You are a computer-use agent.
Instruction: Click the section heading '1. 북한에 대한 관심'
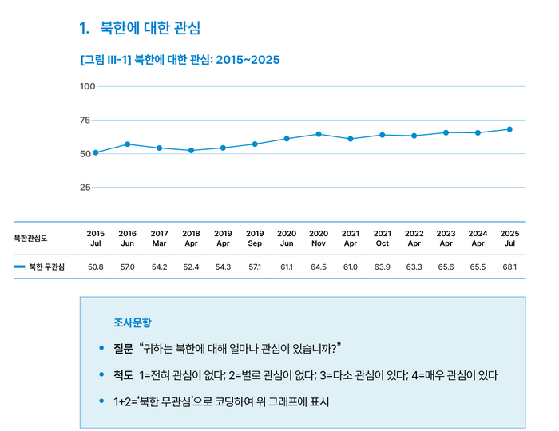[140, 28]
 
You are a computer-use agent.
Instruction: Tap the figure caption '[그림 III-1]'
[105, 60]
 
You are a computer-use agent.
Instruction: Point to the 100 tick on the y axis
[87, 86]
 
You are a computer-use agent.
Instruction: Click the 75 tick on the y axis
[85, 120]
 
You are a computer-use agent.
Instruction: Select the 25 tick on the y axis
[85, 188]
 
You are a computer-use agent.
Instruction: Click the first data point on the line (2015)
[96, 152]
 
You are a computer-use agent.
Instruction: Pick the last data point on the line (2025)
[509, 129]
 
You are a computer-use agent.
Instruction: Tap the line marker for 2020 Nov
[319, 134]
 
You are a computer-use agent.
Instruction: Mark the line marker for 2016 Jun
[128, 144]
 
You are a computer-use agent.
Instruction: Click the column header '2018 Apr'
[191, 238]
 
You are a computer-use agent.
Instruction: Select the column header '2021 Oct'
[383, 238]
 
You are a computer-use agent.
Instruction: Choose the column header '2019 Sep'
[255, 238]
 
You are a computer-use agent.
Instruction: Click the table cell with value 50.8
[96, 267]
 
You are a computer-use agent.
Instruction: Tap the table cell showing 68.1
[509, 267]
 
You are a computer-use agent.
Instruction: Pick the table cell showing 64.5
[319, 267]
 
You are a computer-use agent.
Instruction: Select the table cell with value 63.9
[383, 267]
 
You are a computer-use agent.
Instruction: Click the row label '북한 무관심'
[47, 267]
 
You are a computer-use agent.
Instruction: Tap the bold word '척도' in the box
[123, 374]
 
